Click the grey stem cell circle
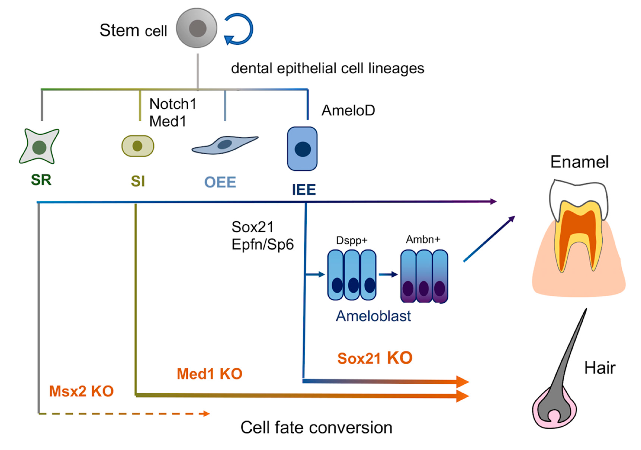coord(197,28)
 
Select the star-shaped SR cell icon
coord(39,146)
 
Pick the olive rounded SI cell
coord(138,146)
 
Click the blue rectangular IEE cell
coord(302,149)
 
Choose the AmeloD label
coord(348,111)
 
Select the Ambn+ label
coord(423,239)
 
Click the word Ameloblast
coord(373,316)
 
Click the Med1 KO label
coord(209,374)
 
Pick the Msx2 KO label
coord(81,391)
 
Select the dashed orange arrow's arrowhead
coord(206,413)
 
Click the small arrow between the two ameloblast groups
coord(388,275)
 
